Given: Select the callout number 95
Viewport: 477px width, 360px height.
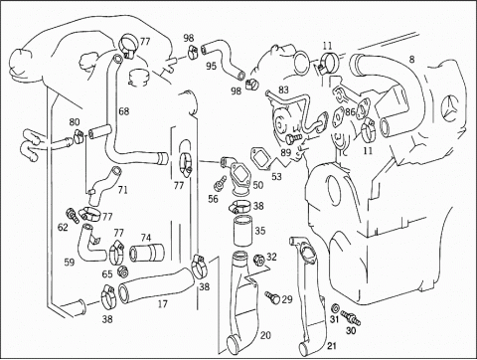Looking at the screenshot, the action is point(211,66).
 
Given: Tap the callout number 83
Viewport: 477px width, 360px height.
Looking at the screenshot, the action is point(283,90).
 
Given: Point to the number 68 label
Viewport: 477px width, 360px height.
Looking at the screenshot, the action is point(124,111).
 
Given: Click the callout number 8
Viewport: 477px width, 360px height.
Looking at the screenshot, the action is point(411,60).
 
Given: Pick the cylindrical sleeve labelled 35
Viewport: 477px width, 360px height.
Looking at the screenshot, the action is point(242,230).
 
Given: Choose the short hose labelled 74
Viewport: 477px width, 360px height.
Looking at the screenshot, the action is point(147,253).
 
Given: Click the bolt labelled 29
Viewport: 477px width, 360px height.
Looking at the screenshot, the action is point(272,296).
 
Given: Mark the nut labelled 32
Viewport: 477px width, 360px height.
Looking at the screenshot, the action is point(258,260).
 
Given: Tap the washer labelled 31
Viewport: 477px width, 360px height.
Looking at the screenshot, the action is point(335,307).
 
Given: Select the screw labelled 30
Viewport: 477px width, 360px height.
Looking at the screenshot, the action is point(351,317).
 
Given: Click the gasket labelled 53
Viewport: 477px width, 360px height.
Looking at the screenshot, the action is point(261,157).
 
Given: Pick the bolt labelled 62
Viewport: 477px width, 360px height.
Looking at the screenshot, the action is point(73,216).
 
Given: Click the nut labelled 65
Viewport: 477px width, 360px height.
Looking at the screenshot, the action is point(123,272).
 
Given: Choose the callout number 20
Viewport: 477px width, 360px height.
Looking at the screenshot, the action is point(265,336).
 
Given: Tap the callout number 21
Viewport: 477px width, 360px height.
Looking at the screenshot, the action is point(332,346).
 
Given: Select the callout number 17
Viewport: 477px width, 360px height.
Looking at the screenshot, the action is point(163,304).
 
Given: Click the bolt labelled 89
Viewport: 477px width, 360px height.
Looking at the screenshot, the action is point(293,138).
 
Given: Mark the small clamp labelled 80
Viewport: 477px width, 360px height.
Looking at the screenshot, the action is point(79,136).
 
